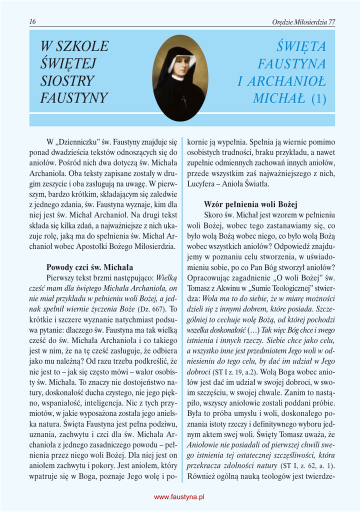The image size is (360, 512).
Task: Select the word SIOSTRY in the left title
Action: click(67, 81)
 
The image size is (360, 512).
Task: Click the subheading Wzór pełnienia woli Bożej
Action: click(250, 204)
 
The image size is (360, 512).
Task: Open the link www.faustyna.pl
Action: click(179, 496)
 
